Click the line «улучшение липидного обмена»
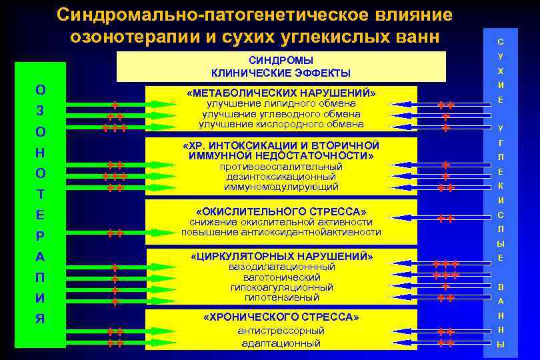click(281, 103)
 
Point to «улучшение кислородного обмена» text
click(281, 123)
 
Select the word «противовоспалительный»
click(281, 167)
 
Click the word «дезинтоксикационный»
click(281, 177)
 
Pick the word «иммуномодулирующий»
click(281, 187)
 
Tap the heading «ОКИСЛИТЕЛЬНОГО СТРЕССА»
click(281, 211)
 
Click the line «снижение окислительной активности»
click(281, 221)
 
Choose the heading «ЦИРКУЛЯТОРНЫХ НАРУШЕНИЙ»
click(281, 256)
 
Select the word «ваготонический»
click(281, 277)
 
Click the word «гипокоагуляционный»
click(281, 287)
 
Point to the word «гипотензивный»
click(281, 297)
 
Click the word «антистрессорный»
click(281, 330)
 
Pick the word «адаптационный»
click(281, 343)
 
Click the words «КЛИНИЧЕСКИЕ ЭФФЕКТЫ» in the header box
click(281, 73)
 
